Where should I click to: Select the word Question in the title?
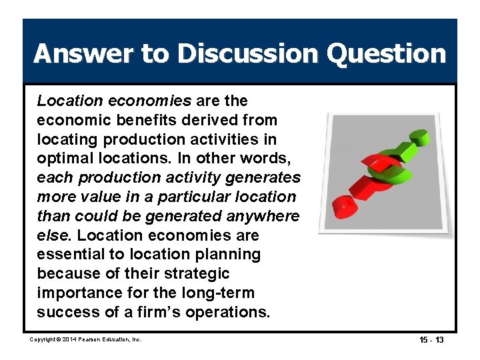[x=381, y=53]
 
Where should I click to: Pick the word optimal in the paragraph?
[x=62, y=159]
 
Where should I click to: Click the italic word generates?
[x=262, y=178]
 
